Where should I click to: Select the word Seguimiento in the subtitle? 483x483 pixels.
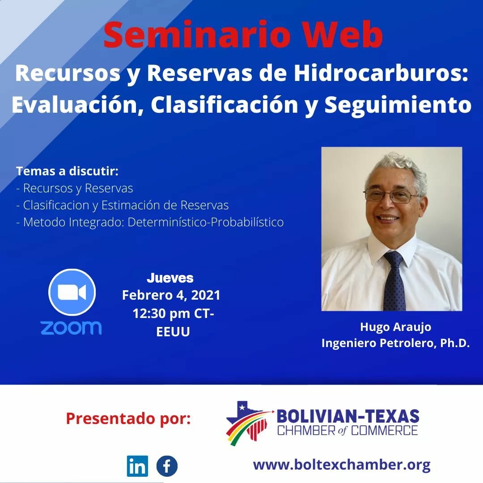tap(398, 106)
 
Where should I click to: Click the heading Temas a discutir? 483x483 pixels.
tap(67, 171)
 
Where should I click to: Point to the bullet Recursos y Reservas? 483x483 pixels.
tap(75, 188)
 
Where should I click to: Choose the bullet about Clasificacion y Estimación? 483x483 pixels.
tap(122, 205)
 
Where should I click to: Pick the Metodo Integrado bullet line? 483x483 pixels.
tap(150, 222)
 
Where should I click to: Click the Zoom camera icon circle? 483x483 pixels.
tap(72, 292)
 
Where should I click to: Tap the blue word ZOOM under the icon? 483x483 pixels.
tap(71, 327)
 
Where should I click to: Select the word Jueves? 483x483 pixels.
tap(170, 278)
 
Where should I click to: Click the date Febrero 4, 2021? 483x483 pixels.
tap(171, 296)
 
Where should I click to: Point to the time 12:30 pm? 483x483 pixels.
tap(161, 314)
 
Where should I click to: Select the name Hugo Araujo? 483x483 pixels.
tap(395, 327)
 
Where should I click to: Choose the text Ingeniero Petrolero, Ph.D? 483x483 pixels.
tap(395, 343)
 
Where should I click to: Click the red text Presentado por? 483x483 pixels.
tap(128, 419)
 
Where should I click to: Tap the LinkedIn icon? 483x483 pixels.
tap(137, 466)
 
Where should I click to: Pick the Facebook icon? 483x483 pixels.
tap(167, 466)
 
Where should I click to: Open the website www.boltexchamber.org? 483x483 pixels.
tap(342, 465)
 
